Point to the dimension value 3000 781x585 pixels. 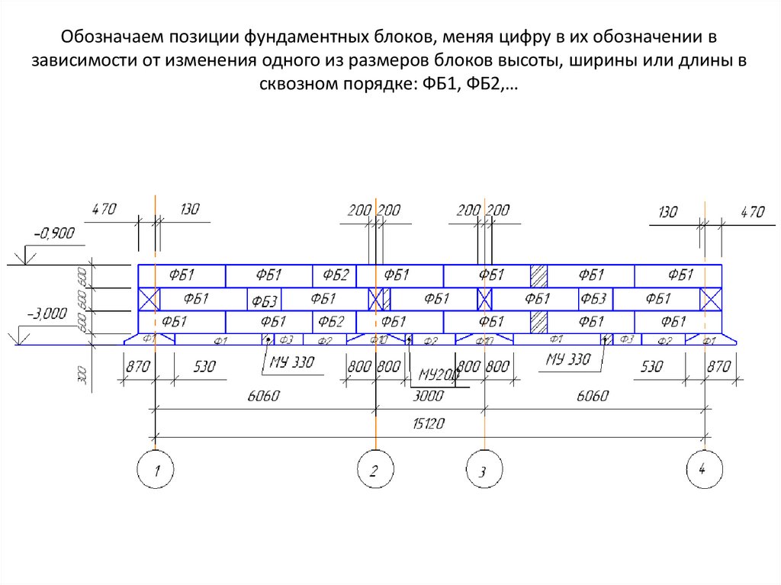click(x=429, y=396)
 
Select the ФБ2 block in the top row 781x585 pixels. click(x=334, y=275)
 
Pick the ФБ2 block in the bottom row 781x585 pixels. click(x=331, y=322)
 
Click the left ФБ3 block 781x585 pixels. click(x=264, y=299)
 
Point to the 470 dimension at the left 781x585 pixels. click(x=103, y=210)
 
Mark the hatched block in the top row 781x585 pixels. click(x=539, y=275)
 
